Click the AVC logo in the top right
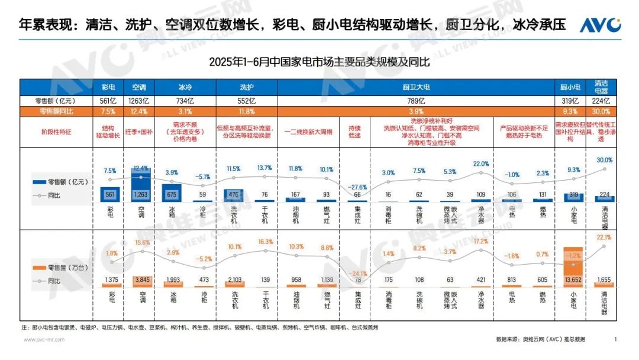tap(599, 25)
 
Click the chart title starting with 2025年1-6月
tap(319, 62)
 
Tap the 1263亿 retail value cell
tap(139, 101)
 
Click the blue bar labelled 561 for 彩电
tap(110, 194)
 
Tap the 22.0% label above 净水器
tap(481, 164)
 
